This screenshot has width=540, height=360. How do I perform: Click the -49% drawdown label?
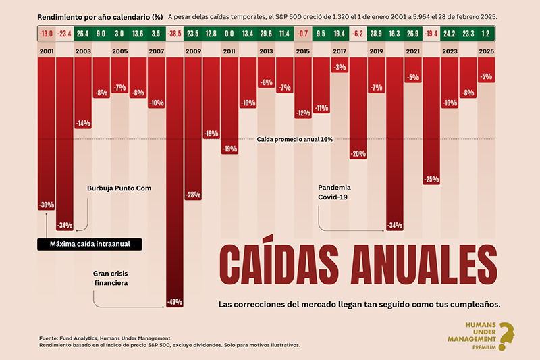(x=175, y=302)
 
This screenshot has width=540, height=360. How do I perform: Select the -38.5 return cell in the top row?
(x=174, y=34)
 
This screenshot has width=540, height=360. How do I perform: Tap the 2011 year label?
(x=229, y=51)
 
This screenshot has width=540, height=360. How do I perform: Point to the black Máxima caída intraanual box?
(x=90, y=245)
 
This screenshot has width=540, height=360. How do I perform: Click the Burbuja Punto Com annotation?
(x=119, y=188)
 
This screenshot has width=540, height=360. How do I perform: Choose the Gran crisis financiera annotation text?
(x=111, y=278)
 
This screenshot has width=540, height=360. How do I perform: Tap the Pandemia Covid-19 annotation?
(x=334, y=192)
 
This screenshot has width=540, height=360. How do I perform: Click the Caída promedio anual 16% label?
(x=295, y=140)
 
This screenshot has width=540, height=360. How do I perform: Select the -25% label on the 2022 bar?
(x=431, y=179)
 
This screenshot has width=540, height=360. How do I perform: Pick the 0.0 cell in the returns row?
(x=229, y=34)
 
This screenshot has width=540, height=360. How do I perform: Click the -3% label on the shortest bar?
(x=340, y=67)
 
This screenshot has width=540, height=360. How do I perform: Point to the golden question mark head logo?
(x=507, y=336)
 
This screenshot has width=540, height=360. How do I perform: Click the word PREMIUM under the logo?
(x=484, y=348)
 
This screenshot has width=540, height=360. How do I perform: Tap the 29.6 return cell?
(x=266, y=34)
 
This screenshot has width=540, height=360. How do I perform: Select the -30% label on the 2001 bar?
(x=46, y=205)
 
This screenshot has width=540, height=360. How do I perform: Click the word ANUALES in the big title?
(x=424, y=264)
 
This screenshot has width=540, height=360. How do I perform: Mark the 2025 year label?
(x=486, y=51)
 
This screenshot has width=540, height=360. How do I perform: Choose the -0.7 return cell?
(x=302, y=34)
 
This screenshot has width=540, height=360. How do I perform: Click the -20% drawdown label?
(x=358, y=154)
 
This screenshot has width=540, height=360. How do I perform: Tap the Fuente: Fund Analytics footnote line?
(x=105, y=338)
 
